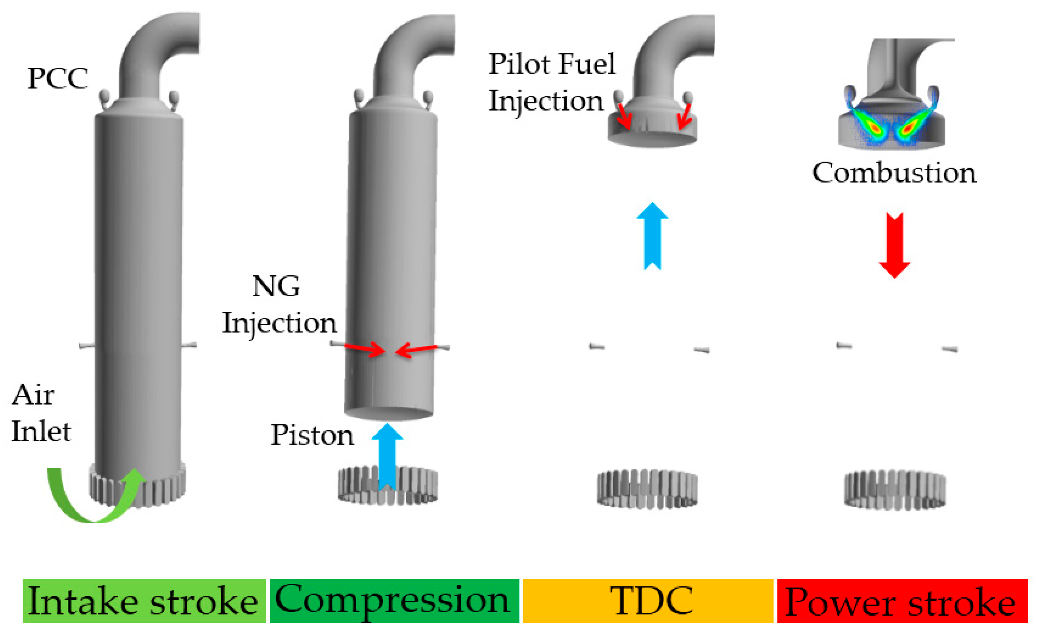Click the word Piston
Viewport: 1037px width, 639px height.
point(311,435)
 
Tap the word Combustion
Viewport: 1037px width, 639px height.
point(894,173)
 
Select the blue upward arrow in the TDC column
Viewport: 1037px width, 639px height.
point(652,237)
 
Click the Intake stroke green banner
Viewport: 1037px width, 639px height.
point(144,601)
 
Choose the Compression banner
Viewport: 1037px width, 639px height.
point(393,601)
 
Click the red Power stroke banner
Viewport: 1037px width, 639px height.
point(902,601)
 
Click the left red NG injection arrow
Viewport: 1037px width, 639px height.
point(365,349)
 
